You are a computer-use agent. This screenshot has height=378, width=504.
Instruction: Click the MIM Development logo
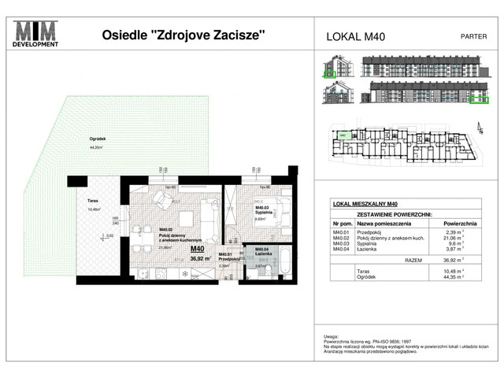[37, 35]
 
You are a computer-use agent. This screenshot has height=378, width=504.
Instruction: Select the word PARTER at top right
[472, 35]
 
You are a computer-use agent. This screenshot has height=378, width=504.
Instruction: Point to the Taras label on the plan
[92, 202]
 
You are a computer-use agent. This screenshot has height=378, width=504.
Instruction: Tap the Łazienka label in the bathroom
[265, 254]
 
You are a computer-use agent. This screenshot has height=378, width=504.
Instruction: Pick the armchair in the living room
[162, 198]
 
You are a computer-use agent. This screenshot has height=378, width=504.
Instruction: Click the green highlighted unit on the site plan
[343, 135]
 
